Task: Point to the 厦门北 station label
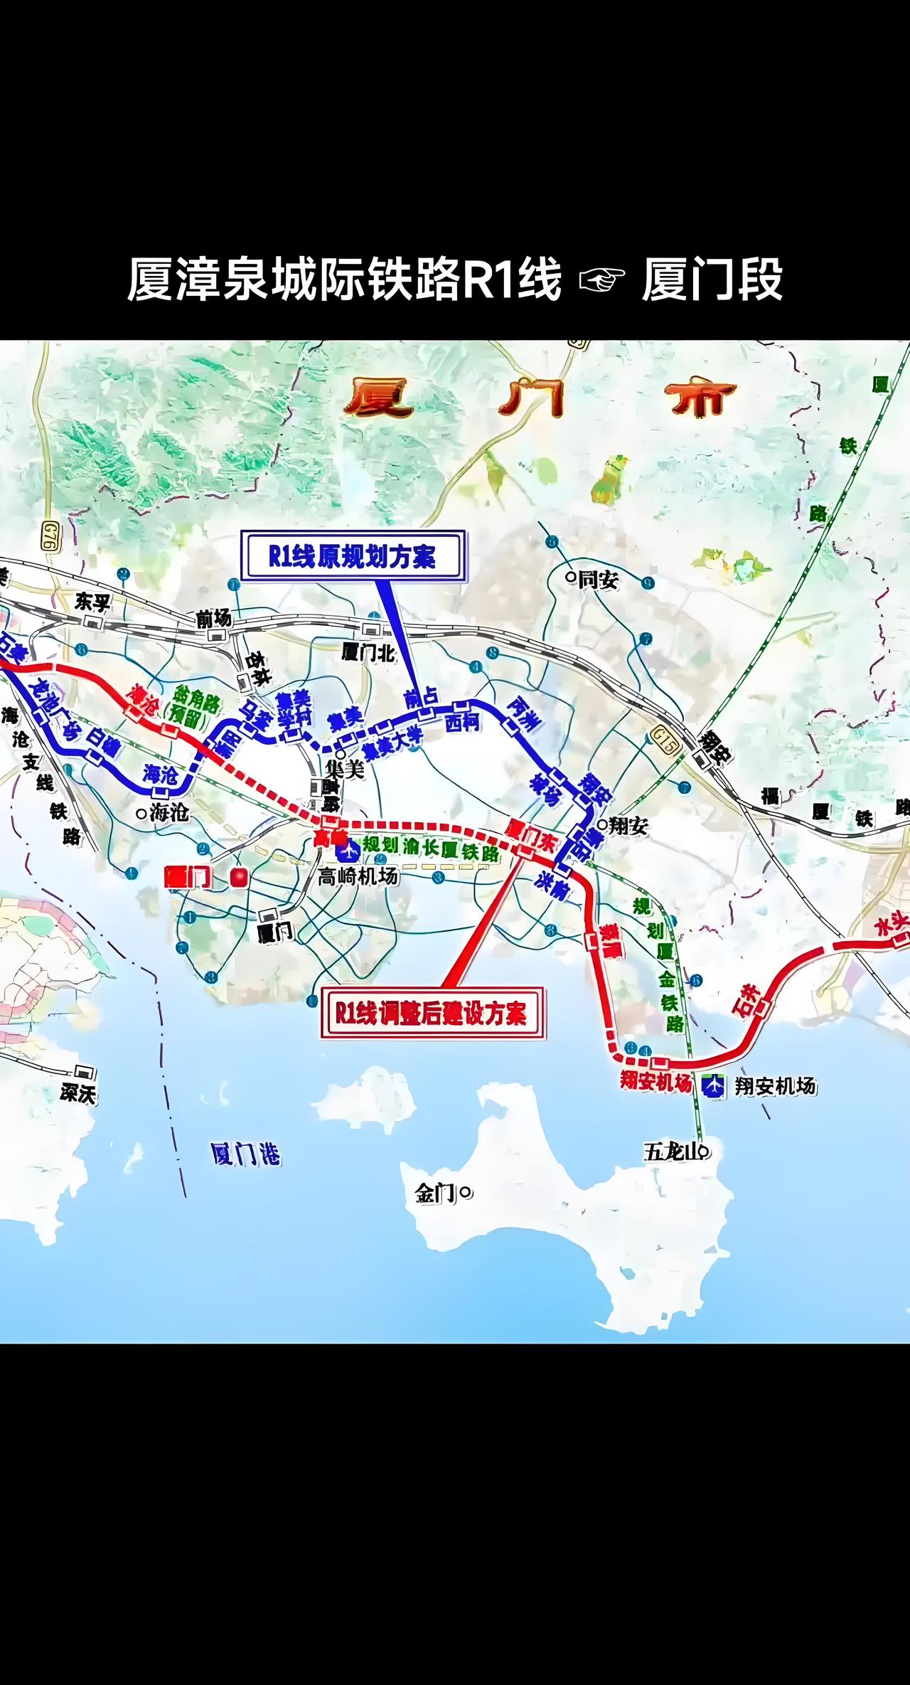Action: coord(368,652)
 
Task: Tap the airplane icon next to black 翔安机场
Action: coord(714,1085)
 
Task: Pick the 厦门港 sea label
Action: coord(246,1154)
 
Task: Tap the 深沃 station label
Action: coord(78,1093)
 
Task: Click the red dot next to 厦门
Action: coord(238,878)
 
